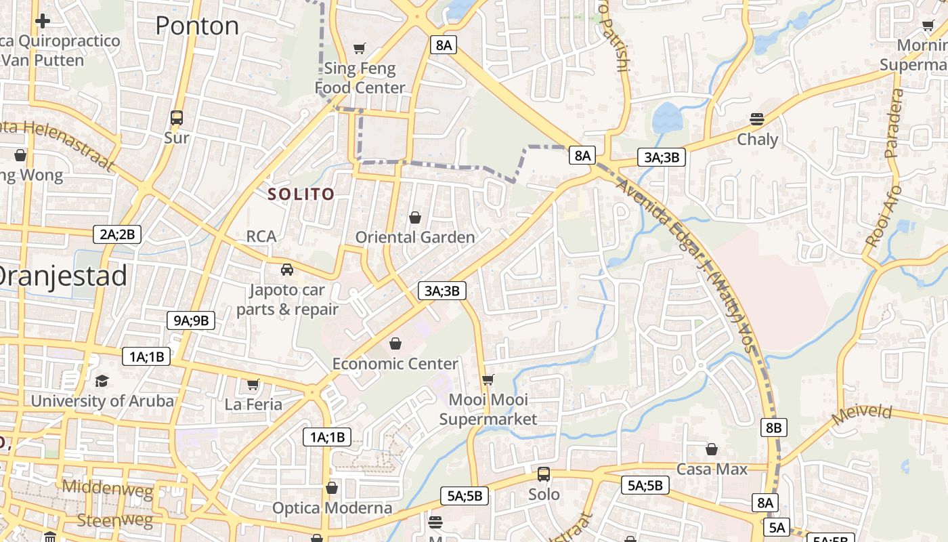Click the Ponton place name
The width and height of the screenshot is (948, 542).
(x=197, y=26)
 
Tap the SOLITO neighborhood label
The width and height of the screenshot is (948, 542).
(x=301, y=194)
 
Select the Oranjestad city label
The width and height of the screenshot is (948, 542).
(x=61, y=276)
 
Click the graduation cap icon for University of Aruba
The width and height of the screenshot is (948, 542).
(x=102, y=381)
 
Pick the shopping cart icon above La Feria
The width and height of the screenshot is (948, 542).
(x=253, y=385)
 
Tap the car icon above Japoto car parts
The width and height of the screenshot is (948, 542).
(x=287, y=270)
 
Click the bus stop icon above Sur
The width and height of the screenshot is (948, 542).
(x=177, y=118)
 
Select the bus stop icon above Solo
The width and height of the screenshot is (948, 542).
(x=544, y=474)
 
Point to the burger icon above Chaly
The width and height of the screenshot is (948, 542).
(x=757, y=120)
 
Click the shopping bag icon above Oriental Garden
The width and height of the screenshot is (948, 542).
(x=415, y=217)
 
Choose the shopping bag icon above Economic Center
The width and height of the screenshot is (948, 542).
(x=395, y=344)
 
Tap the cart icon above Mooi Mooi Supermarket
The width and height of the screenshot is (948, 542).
(x=488, y=379)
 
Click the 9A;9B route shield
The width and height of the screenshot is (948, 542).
(x=191, y=320)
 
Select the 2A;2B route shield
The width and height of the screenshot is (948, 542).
(x=117, y=235)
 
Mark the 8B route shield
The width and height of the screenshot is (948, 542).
(x=773, y=428)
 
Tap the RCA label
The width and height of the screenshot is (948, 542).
(x=261, y=236)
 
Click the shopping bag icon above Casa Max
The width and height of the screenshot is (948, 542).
(x=712, y=449)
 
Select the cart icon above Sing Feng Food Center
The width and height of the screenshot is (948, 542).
(x=360, y=48)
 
